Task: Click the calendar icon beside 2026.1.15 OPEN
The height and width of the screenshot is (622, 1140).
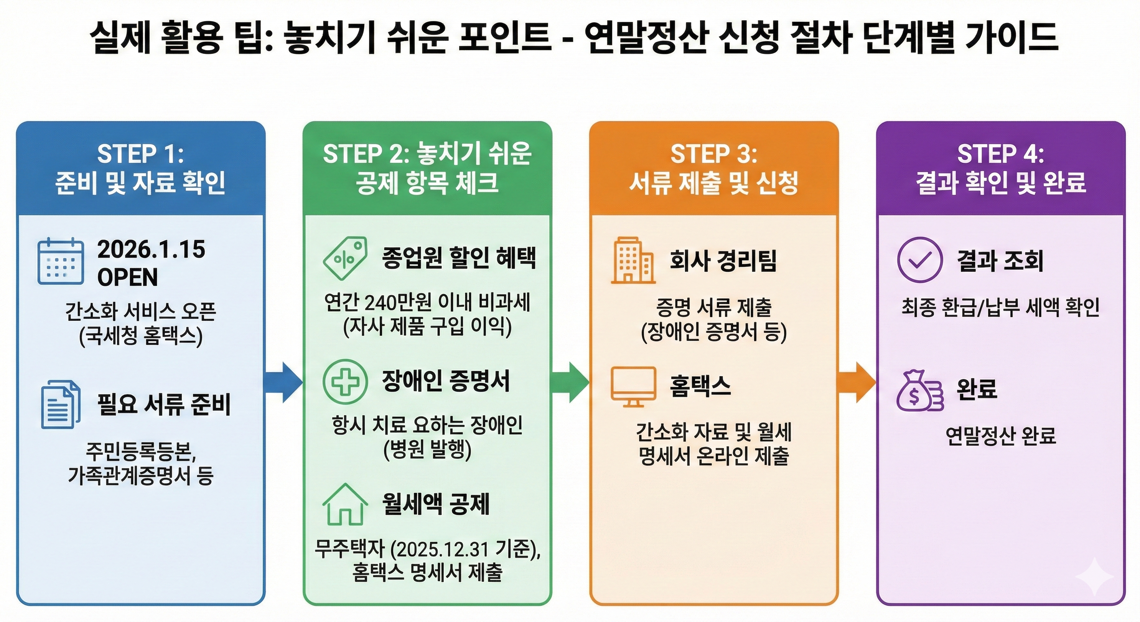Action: pyautogui.click(x=61, y=261)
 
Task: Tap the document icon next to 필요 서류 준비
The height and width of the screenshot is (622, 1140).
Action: pyautogui.click(x=61, y=405)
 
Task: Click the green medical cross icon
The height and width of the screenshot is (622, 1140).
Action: pyautogui.click(x=345, y=381)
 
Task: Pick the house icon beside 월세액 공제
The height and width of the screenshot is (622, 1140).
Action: pyautogui.click(x=345, y=504)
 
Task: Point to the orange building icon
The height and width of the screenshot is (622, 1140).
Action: pyautogui.click(x=633, y=260)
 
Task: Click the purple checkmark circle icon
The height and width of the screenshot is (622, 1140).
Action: pyautogui.click(x=920, y=260)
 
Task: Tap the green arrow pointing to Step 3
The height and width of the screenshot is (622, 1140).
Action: pyautogui.click(x=571, y=382)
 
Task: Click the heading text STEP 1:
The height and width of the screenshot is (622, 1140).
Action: pyautogui.click(x=140, y=154)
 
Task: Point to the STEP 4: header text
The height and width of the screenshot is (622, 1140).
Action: pyautogui.click(x=1001, y=154)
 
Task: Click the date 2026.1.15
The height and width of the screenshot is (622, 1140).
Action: pyautogui.click(x=151, y=249)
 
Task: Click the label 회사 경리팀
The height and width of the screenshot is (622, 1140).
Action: pyautogui.click(x=723, y=260)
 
